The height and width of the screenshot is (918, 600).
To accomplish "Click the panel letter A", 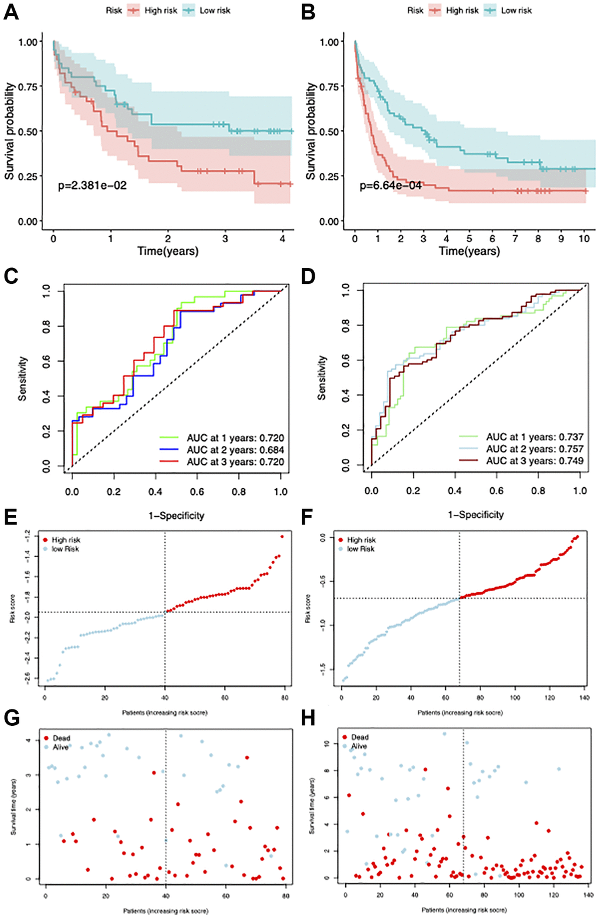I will click(x=11, y=12).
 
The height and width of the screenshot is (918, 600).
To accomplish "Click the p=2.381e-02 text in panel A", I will click(x=92, y=186).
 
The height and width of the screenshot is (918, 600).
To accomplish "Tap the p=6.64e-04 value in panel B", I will click(x=391, y=186).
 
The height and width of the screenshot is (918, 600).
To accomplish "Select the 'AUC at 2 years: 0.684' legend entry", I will click(x=235, y=450).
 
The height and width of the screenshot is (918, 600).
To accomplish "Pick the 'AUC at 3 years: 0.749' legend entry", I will click(x=534, y=461).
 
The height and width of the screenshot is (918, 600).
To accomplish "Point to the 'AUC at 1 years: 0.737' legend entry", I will click(x=534, y=437).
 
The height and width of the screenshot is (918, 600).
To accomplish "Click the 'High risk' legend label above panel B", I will click(x=462, y=11).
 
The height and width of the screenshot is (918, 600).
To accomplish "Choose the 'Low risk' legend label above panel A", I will click(x=215, y=11).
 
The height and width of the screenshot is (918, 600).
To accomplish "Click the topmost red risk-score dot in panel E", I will click(x=282, y=537).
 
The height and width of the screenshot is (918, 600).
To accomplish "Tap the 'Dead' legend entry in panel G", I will click(x=61, y=738).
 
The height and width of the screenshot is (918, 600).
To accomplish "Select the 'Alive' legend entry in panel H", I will click(x=359, y=746).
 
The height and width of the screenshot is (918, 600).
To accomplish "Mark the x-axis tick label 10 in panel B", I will click(x=584, y=239).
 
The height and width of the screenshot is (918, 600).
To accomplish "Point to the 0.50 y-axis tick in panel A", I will click(x=29, y=132).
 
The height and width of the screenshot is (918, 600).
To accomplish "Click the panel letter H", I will click(x=308, y=718).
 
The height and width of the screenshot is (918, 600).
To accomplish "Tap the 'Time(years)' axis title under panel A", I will click(x=168, y=252).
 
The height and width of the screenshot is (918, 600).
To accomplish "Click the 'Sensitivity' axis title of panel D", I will click(x=322, y=378).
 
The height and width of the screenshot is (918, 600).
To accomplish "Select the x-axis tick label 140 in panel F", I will click(x=584, y=698).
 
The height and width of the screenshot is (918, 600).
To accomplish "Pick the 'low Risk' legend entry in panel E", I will click(x=65, y=549).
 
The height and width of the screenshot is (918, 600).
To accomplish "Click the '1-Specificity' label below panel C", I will click(x=176, y=516).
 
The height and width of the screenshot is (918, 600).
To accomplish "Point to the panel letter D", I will click(x=308, y=276).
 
